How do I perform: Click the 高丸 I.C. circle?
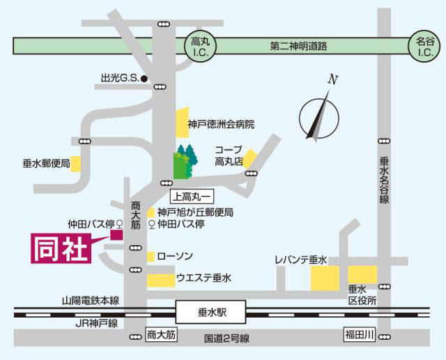pyautogui.click(x=206, y=47)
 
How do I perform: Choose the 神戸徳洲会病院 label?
pyautogui.click(x=221, y=125)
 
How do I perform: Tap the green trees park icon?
pyautogui.click(x=186, y=162)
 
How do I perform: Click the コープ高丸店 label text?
pyautogui.click(x=228, y=155)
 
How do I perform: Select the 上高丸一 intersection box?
pyautogui.click(x=190, y=197)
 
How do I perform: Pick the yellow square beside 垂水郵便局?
pyautogui.click(x=76, y=164)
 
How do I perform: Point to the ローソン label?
pyautogui.click(x=176, y=256)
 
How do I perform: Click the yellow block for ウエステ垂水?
pyautogui.click(x=161, y=279)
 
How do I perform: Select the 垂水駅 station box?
pyautogui.click(x=211, y=311)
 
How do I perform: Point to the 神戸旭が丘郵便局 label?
pyautogui.click(x=194, y=212)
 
